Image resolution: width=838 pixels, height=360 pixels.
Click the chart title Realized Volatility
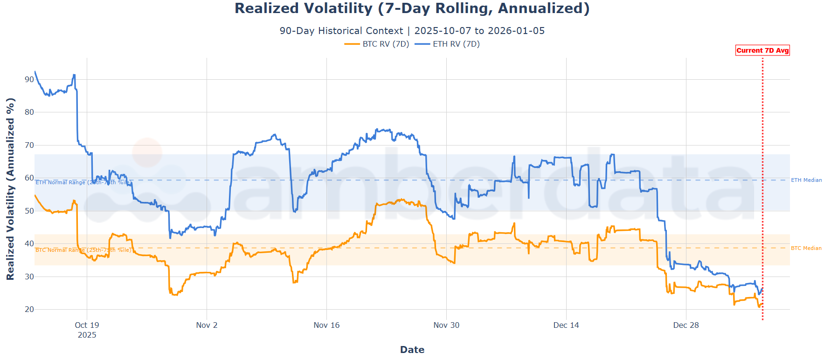point(412,8)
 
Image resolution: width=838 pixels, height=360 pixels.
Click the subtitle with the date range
point(412,31)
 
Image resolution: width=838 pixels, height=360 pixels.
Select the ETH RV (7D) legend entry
point(448,44)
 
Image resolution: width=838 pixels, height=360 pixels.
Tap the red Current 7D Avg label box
point(762,50)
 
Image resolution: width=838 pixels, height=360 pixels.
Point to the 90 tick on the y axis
point(29,79)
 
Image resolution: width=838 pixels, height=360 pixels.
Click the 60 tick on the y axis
point(29,178)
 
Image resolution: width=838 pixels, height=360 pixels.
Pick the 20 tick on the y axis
point(29,309)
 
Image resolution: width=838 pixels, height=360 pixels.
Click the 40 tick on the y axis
point(29,243)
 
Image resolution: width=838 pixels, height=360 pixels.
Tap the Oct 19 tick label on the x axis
point(87,325)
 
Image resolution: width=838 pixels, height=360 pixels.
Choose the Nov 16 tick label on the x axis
point(326,325)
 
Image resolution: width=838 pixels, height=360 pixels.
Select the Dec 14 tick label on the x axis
point(566,325)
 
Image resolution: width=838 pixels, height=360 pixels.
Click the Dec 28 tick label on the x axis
point(686,325)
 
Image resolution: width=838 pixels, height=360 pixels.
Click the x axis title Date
point(412,350)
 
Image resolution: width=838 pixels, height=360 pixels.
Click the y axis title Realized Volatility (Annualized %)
point(10,189)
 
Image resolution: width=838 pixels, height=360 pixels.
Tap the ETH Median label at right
point(806,180)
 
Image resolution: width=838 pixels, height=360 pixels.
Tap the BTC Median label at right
point(806,248)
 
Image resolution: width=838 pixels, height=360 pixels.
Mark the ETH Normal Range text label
point(83,182)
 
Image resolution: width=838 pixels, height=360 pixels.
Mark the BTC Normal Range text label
point(83,250)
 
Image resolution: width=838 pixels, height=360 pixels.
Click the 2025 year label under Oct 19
point(87,335)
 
